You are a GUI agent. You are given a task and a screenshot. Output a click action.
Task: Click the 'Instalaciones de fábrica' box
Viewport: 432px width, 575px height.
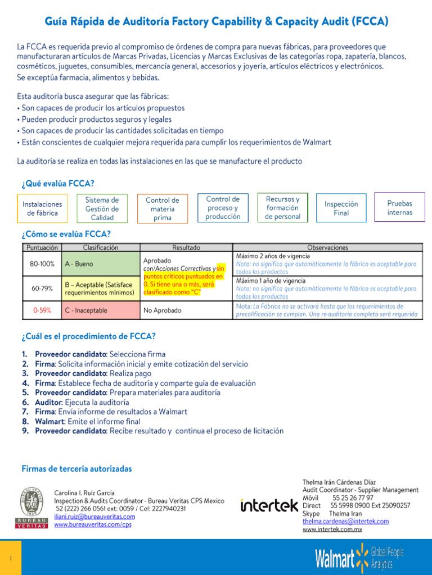[x=42, y=208]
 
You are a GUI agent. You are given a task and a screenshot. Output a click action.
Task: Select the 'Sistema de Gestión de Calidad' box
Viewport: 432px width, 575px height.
[x=102, y=208]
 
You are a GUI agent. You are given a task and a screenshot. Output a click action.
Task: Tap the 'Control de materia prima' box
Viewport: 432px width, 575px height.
[x=163, y=208]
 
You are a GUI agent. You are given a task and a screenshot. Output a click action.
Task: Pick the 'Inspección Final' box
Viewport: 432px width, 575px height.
[x=341, y=208]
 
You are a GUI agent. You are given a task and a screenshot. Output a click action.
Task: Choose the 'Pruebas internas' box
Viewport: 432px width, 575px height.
[x=399, y=207]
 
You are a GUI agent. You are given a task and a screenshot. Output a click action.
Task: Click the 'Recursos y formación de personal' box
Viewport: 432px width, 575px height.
[x=282, y=207]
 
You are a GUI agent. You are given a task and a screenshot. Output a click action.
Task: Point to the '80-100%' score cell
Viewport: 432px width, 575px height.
[x=42, y=264]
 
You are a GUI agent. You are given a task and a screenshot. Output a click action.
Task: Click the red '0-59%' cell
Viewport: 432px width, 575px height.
[x=42, y=310]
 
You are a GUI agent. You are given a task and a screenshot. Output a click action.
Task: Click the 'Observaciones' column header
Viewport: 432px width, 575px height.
[x=327, y=247]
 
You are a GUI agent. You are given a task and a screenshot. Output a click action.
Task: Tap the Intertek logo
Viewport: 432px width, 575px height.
[x=269, y=505]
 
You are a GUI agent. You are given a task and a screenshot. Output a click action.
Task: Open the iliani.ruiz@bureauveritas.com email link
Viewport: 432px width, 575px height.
[x=94, y=517]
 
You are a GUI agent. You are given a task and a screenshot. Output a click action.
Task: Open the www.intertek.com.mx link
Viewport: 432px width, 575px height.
[x=332, y=529]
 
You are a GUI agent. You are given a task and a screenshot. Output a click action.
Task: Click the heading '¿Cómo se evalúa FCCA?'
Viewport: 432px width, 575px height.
[x=66, y=234]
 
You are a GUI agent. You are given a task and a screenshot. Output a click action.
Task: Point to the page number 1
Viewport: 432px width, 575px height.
[x=11, y=558]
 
